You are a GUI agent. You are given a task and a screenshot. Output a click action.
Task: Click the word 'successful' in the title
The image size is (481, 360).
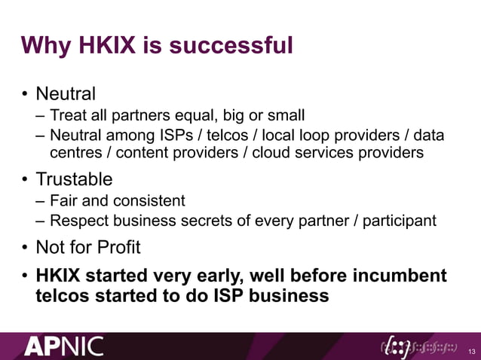(231, 46)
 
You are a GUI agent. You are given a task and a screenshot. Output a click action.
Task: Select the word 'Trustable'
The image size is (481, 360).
(75, 180)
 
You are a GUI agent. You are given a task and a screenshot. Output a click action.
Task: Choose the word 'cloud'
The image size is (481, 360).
(272, 153)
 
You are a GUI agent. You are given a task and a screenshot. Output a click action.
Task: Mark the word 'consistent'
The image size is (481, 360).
(148, 202)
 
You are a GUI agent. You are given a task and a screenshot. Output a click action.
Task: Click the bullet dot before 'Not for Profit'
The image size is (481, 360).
(26, 248)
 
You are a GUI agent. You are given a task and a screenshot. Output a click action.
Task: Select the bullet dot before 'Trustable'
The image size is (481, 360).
(26, 181)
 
